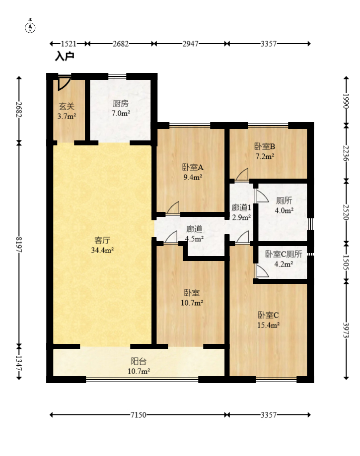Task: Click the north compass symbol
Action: tap(30, 27)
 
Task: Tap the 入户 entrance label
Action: tap(65, 56)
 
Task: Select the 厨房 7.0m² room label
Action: tap(121, 108)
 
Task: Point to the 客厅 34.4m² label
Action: tap(102, 245)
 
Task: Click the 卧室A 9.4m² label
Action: tap(193, 172)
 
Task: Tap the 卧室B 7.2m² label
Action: tap(265, 151)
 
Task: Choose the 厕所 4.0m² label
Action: tap(284, 205)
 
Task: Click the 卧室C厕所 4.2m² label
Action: tap(284, 259)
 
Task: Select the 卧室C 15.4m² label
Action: tap(268, 320)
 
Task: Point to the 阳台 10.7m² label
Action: tap(139, 366)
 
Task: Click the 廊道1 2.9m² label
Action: tap(241, 212)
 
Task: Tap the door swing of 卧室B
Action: tap(242, 174)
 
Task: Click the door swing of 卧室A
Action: tap(173, 208)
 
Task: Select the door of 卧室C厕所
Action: tap(262, 271)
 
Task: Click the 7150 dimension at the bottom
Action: tap(138, 415)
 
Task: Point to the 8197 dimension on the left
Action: tap(19, 245)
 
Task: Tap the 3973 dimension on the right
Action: tap(346, 330)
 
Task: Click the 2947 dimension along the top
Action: tap(190, 44)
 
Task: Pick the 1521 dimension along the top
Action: tap(69, 44)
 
